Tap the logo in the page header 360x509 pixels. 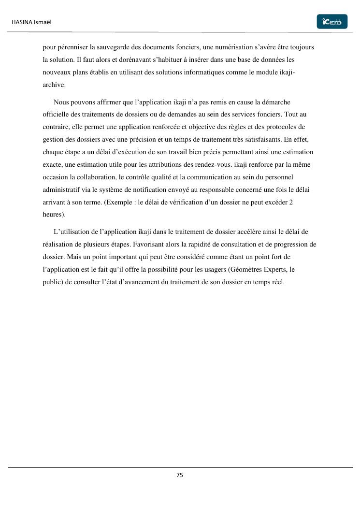[x=331, y=22]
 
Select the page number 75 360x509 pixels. [x=180, y=475]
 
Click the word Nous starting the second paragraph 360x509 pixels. [x=61, y=102]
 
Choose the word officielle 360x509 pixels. [x=57, y=115]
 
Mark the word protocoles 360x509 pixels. [x=284, y=127]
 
